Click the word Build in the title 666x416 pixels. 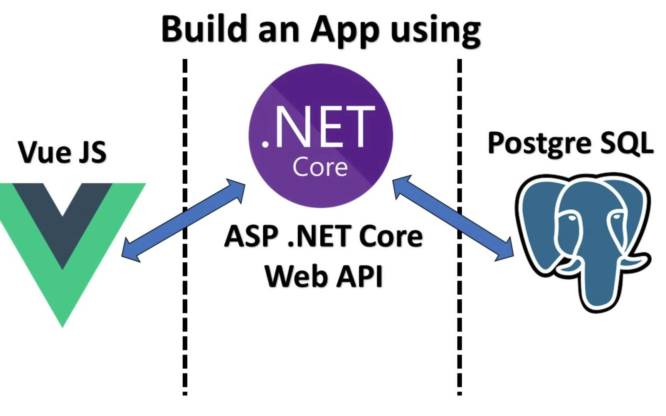tap(204, 29)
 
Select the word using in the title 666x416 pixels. tap(436, 31)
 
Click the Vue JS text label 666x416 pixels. tap(62, 152)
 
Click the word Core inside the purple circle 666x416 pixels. tap(320, 168)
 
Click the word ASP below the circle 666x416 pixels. tap(251, 236)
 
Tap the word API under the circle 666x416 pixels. tap(360, 276)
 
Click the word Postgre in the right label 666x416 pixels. tap(539, 144)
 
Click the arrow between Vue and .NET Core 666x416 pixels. tap(183, 220)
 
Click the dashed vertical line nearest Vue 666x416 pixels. tap(185, 327)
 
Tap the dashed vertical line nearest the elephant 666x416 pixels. tap(459, 327)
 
